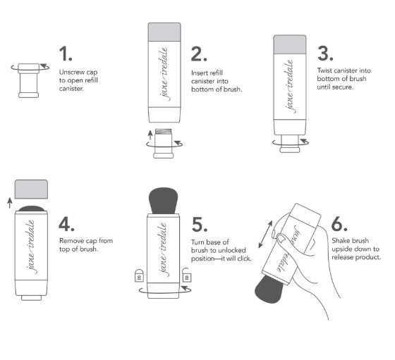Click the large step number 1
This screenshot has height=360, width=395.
click(66, 54)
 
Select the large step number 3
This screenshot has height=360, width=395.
click(325, 54)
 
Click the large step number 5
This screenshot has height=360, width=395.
click(200, 224)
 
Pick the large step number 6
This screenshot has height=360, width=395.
click(339, 224)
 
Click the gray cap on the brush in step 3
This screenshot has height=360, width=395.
click(289, 46)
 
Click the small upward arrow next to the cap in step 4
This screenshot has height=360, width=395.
click(9, 203)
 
